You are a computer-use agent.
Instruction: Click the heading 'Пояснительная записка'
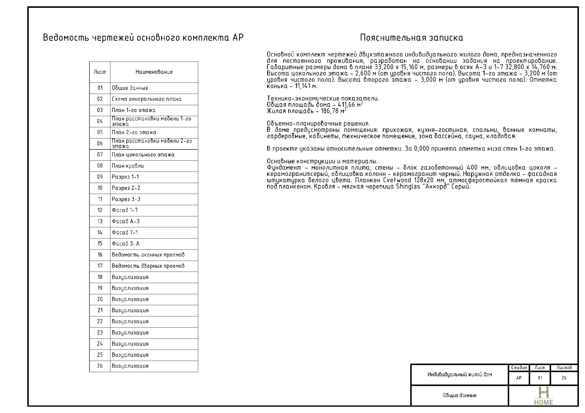pyautogui.click(x=411, y=38)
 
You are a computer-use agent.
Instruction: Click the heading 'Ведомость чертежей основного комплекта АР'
pyautogui.click(x=143, y=38)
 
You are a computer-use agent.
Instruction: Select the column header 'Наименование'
pyautogui.click(x=154, y=72)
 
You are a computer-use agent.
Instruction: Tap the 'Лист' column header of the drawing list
pyautogui.click(x=100, y=72)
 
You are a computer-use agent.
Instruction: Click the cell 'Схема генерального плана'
pyautogui.click(x=146, y=99)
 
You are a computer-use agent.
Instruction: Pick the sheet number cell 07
pyautogui.click(x=100, y=155)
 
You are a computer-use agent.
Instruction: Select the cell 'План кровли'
pyautogui.click(x=128, y=166)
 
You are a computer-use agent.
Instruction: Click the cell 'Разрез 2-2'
pyautogui.click(x=126, y=188)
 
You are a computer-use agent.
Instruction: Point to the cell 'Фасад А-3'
pyautogui.click(x=126, y=221)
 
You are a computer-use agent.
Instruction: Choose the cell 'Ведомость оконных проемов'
pyautogui.click(x=148, y=255)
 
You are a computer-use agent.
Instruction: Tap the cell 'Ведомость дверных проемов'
pyautogui.click(x=148, y=266)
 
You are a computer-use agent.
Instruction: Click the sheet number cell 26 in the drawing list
pyautogui.click(x=100, y=366)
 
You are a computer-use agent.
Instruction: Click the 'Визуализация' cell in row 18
pyautogui.click(x=130, y=277)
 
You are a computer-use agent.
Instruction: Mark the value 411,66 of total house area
pyautogui.click(x=346, y=105)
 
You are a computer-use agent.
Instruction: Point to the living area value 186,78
pyautogui.click(x=330, y=111)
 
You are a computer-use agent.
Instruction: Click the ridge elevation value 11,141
pyautogui.click(x=303, y=86)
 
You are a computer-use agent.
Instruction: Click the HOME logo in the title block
pyautogui.click(x=543, y=396)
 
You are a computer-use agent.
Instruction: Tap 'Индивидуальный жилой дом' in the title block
pyautogui.click(x=460, y=374)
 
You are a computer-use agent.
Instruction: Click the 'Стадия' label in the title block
pyautogui.click(x=519, y=367)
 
